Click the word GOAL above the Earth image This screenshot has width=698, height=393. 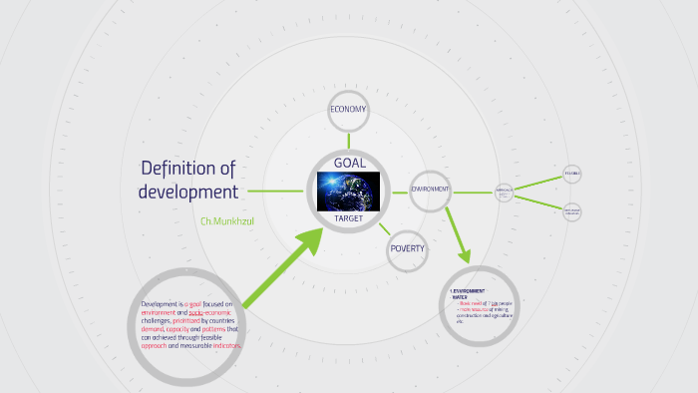tap(349, 163)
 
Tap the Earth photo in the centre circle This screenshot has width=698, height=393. tap(349, 191)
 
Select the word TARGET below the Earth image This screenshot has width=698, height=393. tap(349, 217)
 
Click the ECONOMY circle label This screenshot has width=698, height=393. tap(349, 110)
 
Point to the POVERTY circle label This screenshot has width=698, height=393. tap(408, 248)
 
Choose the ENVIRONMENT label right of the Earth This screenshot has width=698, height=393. tap(431, 189)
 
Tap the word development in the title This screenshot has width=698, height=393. tap(188, 192)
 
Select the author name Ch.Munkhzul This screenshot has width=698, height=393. tap(227, 219)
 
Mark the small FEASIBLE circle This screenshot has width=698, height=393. tap(571, 174)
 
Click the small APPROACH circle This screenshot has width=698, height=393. tap(505, 192)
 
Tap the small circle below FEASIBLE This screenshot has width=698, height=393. tap(572, 211)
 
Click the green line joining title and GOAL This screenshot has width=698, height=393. tap(275, 191)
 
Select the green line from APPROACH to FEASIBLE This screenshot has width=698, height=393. tap(538, 183)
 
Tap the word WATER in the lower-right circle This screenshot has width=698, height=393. tap(460, 296)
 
